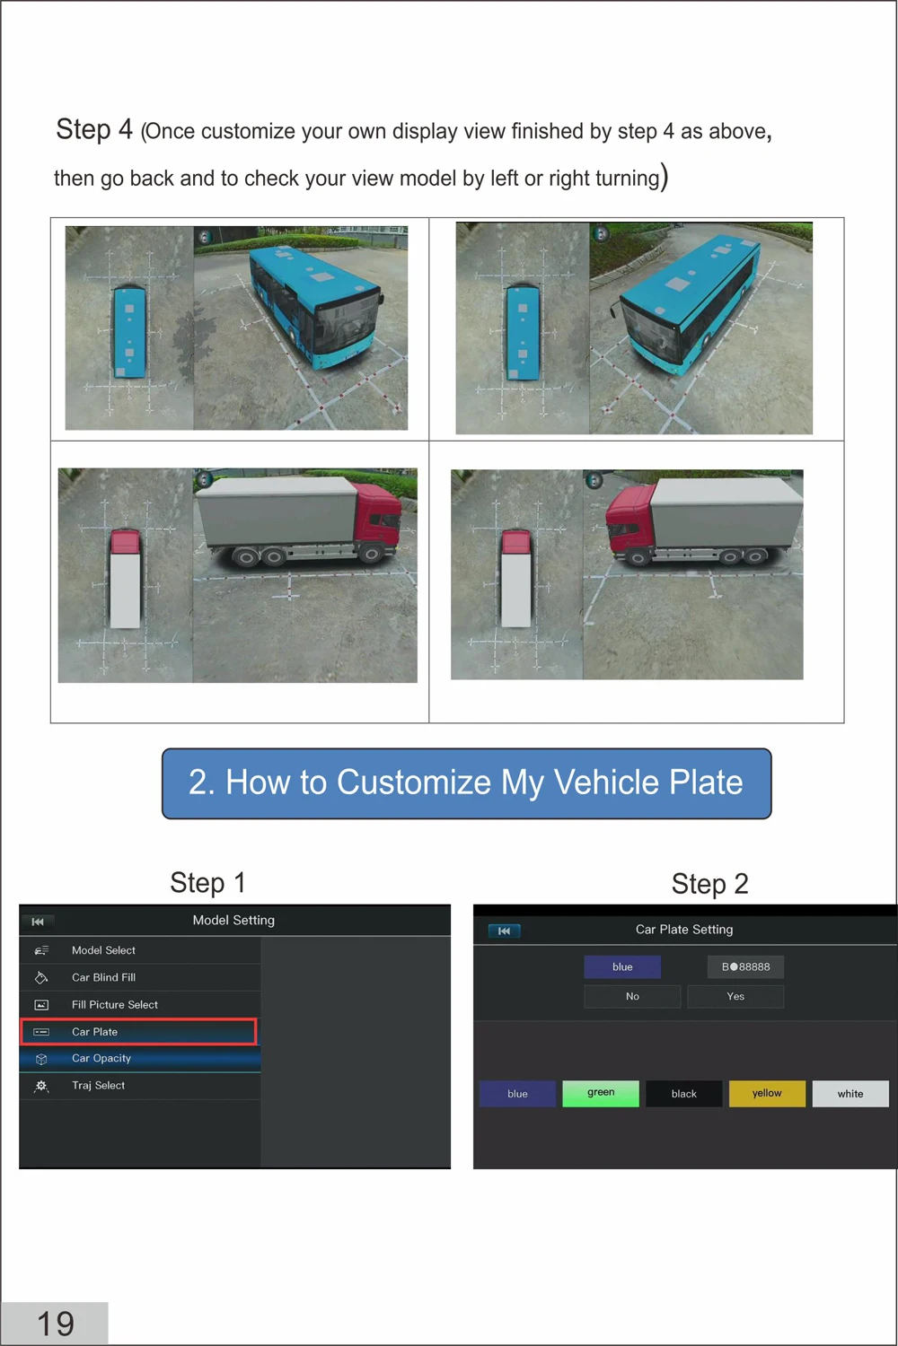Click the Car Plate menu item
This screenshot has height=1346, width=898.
[x=139, y=1031]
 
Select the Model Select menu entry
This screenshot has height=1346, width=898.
[x=139, y=950]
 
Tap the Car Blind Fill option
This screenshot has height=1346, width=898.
[x=139, y=977]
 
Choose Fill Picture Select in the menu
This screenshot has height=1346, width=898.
[x=139, y=1004]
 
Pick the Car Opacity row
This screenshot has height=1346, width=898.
[x=139, y=1058]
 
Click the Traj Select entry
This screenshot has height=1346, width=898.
[x=139, y=1085]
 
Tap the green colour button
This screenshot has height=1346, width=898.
[x=600, y=1093]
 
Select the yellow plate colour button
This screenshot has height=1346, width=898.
[x=767, y=1093]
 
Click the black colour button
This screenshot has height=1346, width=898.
[x=684, y=1094]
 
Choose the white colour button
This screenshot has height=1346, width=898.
[x=850, y=1094]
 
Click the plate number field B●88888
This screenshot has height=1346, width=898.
[x=745, y=966]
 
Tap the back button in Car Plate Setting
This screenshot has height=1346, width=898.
[x=504, y=931]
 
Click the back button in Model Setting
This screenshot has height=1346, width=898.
[x=38, y=922]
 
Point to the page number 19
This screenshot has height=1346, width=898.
[x=56, y=1324]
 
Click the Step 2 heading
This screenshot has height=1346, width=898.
[x=709, y=884]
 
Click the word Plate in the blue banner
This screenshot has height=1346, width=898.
[x=706, y=782]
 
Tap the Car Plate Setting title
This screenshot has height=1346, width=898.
[x=684, y=930]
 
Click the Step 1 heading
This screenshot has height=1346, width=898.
[x=207, y=883]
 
